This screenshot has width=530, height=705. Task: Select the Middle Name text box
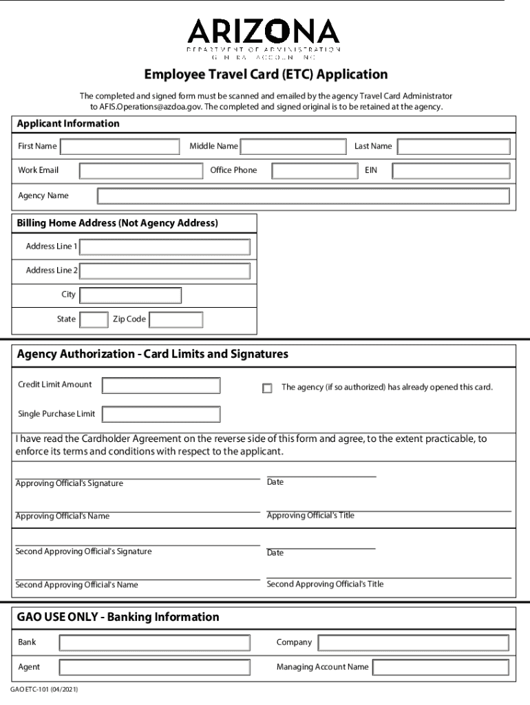tap(293, 147)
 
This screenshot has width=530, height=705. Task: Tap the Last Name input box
tap(454, 147)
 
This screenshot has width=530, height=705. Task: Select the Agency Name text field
tap(303, 196)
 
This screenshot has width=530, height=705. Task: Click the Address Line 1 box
tap(165, 247)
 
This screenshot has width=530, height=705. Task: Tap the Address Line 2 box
tap(165, 271)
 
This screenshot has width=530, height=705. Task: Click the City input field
tap(131, 295)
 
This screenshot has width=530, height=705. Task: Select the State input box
tap(94, 320)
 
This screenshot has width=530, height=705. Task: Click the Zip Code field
tap(176, 320)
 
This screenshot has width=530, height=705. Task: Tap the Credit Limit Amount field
tap(161, 386)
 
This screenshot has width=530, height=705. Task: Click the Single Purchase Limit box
tap(161, 414)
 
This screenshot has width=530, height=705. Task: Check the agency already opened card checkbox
tap(267, 388)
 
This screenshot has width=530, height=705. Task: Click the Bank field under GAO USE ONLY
tap(154, 643)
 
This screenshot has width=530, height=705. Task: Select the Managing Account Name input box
tap(441, 668)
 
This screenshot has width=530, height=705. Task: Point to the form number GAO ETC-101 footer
tap(44, 689)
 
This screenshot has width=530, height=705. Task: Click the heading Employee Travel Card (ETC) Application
tap(266, 74)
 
